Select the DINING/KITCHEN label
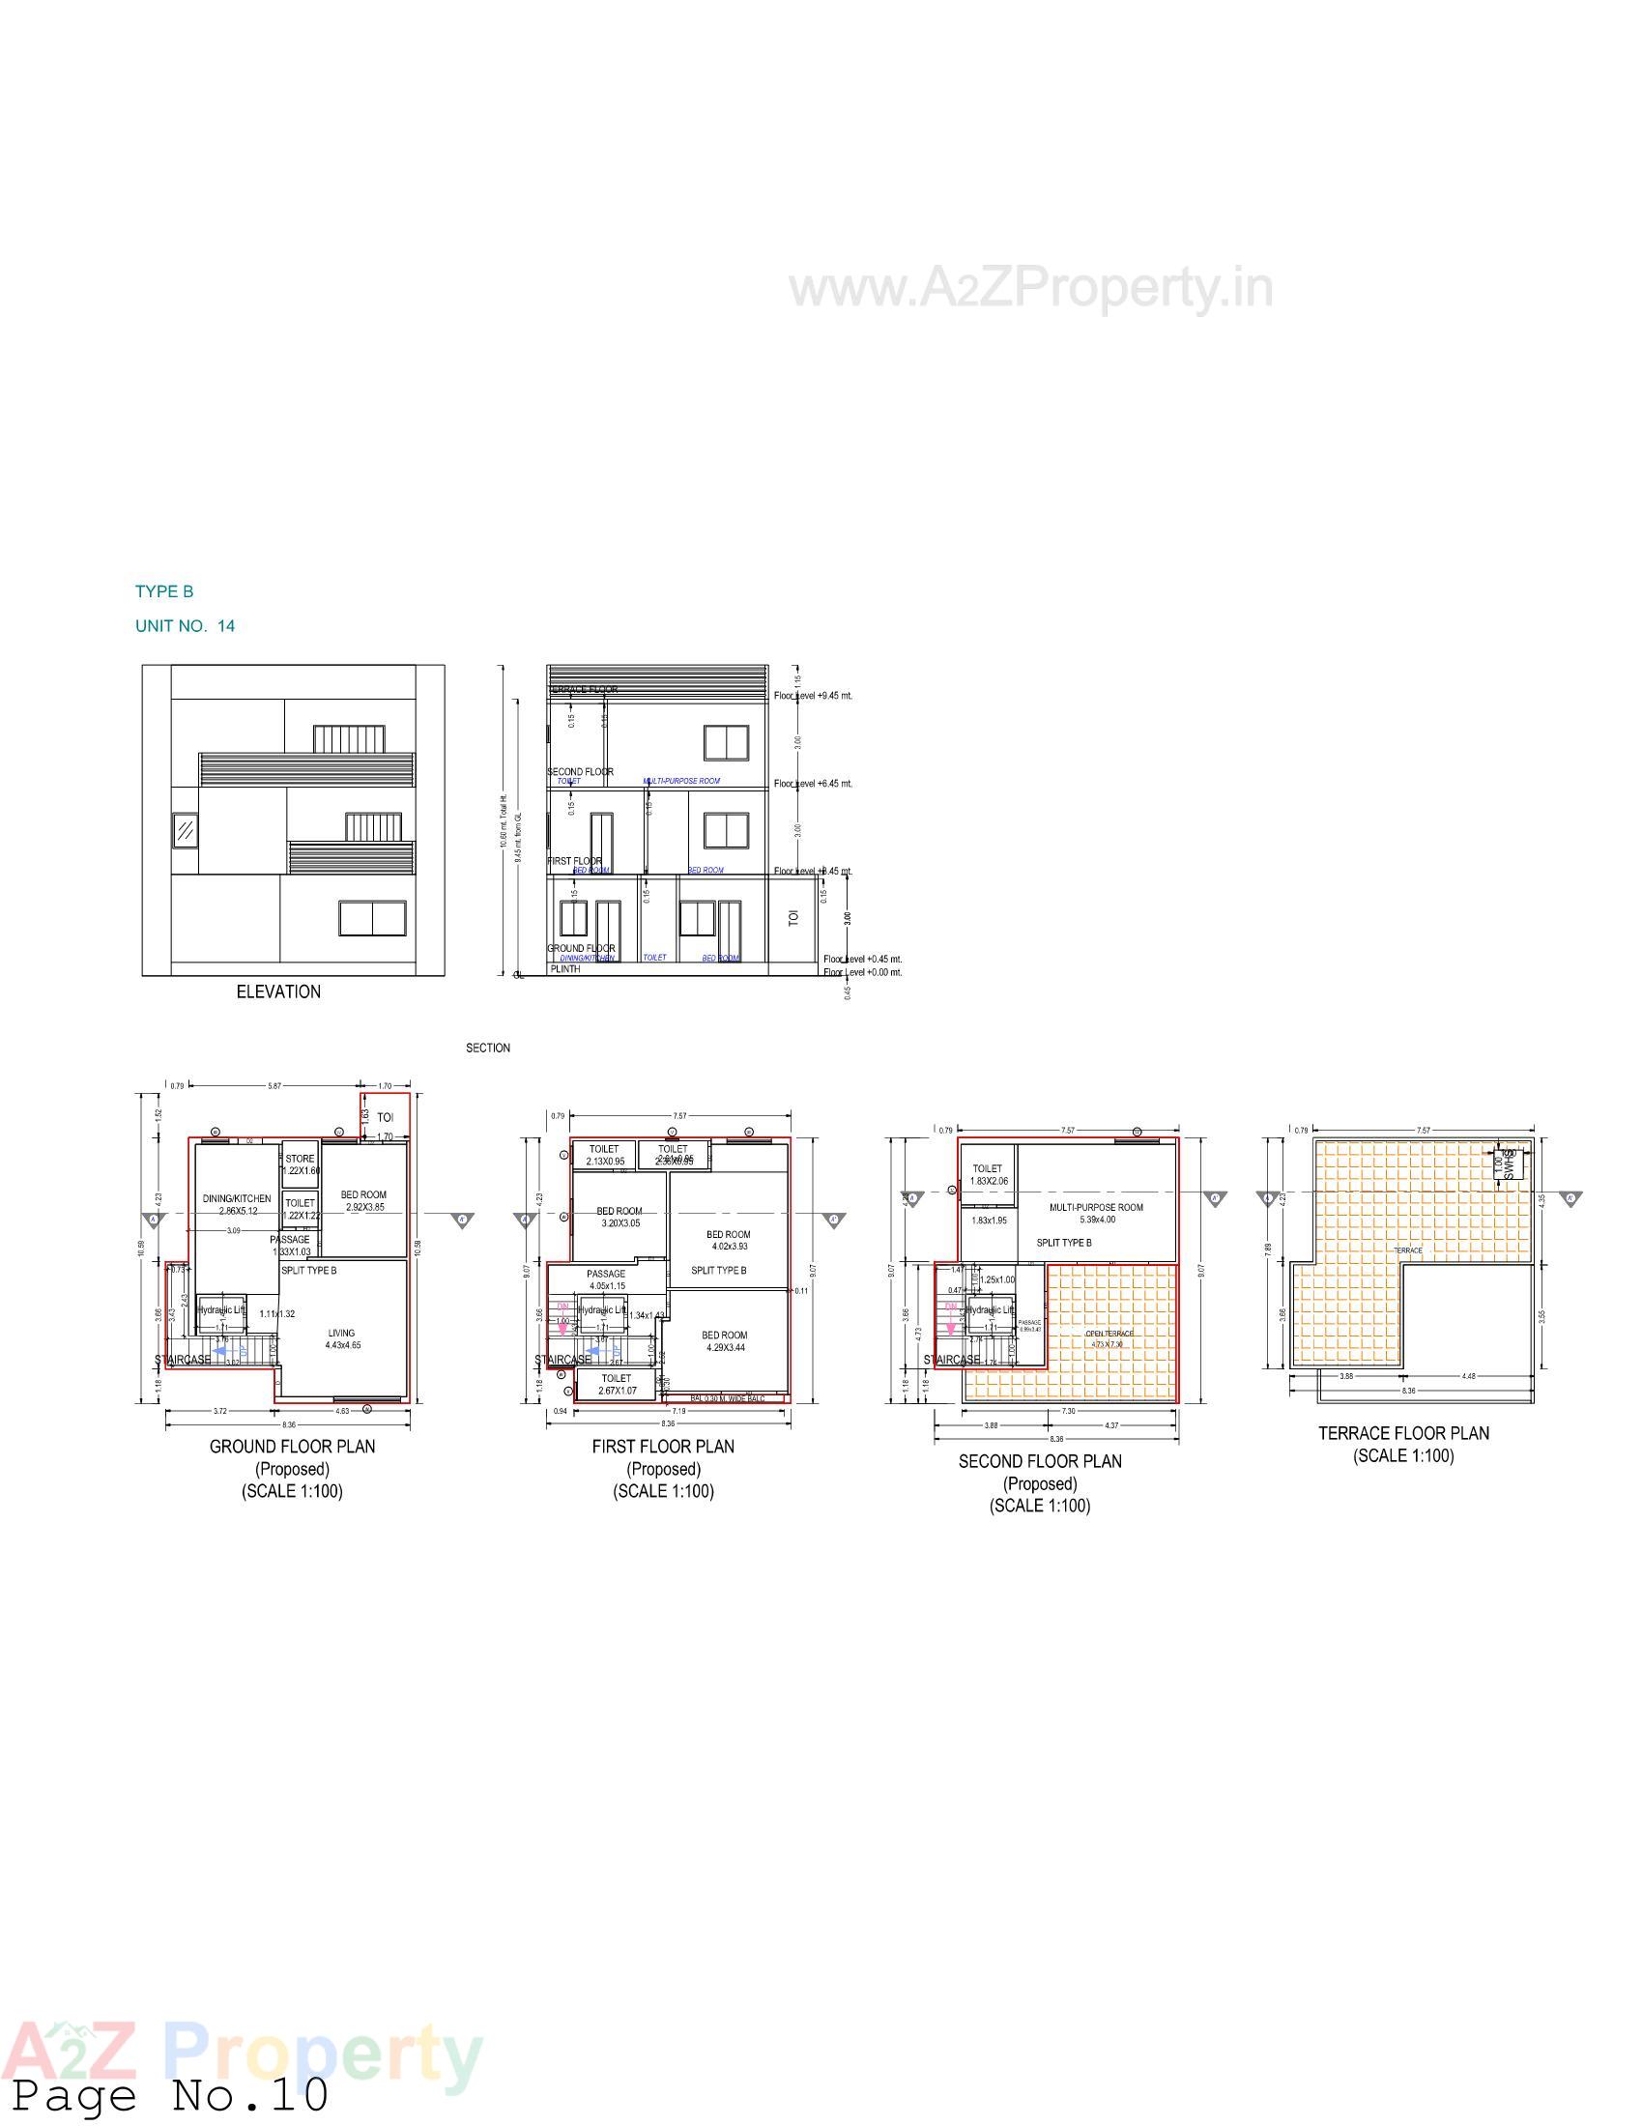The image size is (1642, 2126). [x=237, y=1198]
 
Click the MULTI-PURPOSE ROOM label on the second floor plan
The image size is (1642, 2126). [x=1096, y=1207]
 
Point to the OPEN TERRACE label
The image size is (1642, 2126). [x=1109, y=1334]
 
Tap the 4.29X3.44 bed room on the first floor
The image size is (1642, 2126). [x=724, y=1341]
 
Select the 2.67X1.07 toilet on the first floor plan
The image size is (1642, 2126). [x=617, y=1384]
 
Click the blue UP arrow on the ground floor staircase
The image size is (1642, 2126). [x=222, y=1350]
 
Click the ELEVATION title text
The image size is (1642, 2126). [x=278, y=991]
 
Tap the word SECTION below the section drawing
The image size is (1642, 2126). [x=488, y=1049]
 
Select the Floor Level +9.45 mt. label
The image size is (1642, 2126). [x=814, y=696]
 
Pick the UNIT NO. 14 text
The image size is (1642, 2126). [x=185, y=626]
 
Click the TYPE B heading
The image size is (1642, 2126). [x=164, y=591]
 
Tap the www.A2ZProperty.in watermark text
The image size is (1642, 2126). [x=1030, y=289]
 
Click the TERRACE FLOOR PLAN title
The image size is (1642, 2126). [x=1402, y=1433]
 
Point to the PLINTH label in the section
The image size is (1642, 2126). [x=565, y=968]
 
